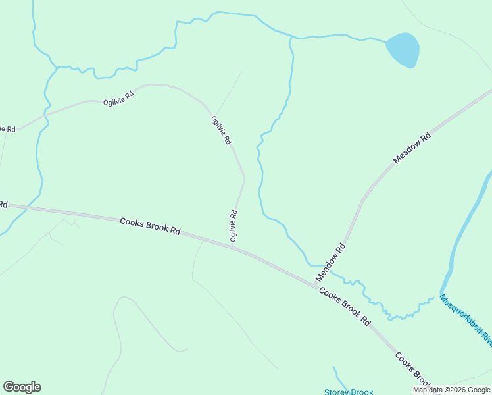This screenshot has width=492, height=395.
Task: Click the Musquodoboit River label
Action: point(466,320)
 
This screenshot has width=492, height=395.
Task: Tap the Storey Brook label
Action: point(349,392)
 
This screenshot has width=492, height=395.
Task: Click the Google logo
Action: point(22,387)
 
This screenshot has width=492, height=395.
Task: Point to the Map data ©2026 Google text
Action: point(451,390)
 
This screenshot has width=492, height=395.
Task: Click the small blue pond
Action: point(403,50)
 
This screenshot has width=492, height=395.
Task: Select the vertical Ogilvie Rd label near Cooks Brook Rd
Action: point(234,225)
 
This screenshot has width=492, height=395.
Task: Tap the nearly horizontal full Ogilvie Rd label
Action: point(118,99)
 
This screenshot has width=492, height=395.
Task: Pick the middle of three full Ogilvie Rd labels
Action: point(221,130)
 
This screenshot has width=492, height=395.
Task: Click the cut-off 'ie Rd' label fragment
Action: point(7,128)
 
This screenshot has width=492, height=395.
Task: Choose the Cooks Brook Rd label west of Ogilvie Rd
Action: point(150,226)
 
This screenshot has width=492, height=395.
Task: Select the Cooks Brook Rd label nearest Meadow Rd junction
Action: point(344,306)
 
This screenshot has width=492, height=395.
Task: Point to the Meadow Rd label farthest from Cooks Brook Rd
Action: point(412,147)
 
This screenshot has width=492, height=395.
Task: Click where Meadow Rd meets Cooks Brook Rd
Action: point(315,286)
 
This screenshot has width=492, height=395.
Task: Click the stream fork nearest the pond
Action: point(291,37)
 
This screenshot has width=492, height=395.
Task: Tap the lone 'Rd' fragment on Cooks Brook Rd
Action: point(3,205)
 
